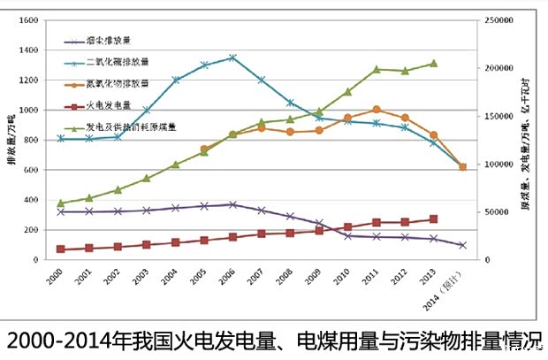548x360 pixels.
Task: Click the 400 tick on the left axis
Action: (x=30, y=201)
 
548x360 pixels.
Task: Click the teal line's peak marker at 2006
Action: (x=232, y=57)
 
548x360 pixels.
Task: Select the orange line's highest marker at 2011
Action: (x=377, y=110)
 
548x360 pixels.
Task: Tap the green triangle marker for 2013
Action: (x=434, y=63)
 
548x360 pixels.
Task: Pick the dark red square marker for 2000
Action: (x=60, y=249)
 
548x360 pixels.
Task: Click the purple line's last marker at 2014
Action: (x=462, y=245)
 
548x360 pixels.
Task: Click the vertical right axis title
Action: (x=536, y=142)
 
